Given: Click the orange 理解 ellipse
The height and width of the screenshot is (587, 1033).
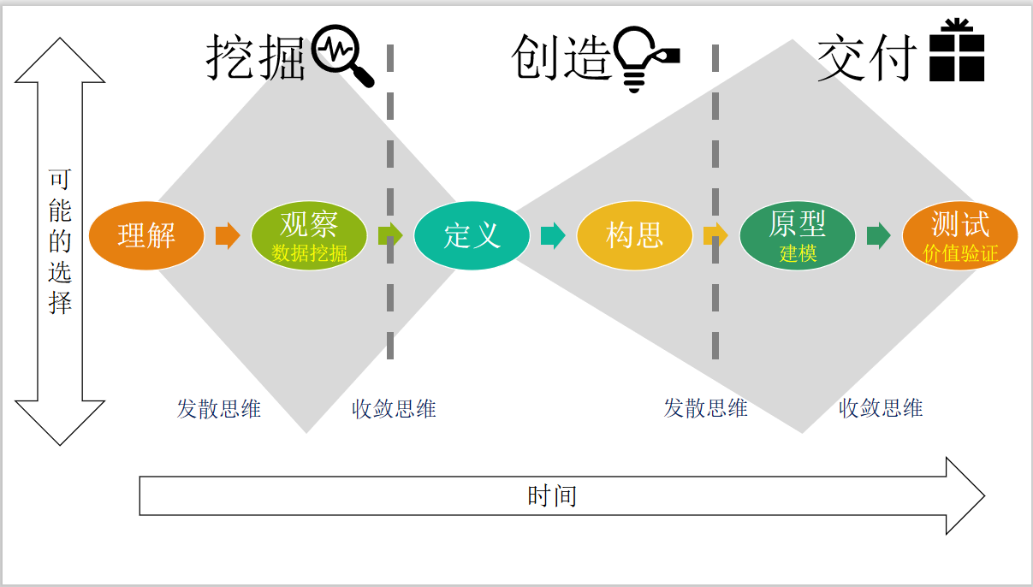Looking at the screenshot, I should coord(146,235).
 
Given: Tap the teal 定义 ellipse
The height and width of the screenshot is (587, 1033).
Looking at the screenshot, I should coord(472,235).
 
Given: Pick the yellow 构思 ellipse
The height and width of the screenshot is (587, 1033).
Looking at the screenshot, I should coord(634,235).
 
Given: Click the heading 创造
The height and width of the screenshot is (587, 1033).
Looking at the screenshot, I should coord(562,58).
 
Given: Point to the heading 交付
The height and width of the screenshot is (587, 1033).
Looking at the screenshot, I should coord(867,58).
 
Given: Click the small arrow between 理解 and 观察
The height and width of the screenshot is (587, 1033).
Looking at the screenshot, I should coord(228,235).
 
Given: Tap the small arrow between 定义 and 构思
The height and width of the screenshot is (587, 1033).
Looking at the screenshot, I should coord(553,235).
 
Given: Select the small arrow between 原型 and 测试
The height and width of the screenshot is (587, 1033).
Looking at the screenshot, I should coord(878,235).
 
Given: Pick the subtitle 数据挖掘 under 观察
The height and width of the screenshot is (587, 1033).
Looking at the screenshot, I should coord(309,252).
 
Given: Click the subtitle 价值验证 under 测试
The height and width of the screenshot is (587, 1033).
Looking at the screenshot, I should coord(960,253).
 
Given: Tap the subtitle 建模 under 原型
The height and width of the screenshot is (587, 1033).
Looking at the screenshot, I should coord(798,253).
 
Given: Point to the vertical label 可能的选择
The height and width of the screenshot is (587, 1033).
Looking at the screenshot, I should coord(60,241).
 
